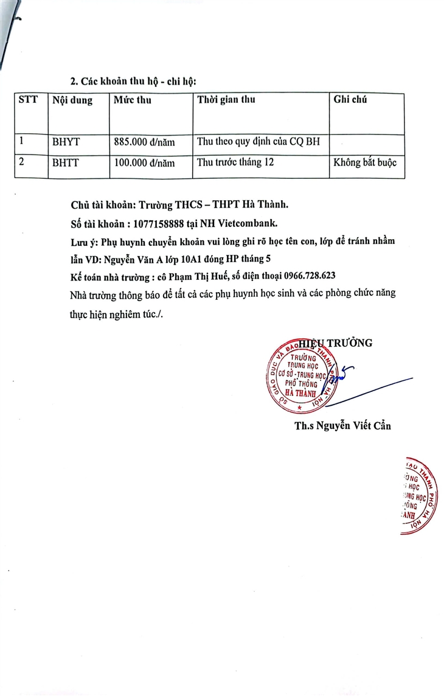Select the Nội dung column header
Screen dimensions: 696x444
[72, 100]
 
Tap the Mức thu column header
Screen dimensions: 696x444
[132, 100]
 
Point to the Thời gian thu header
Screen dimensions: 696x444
[226, 100]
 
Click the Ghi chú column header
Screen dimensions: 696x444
[350, 100]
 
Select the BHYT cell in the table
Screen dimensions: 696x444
[66, 142]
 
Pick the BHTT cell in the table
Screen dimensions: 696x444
[66, 163]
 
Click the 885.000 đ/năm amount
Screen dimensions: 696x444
[144, 142]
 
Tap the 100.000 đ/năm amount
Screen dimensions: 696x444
[144, 163]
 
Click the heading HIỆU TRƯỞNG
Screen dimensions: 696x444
[335, 343]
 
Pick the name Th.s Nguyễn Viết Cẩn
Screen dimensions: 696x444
[342, 426]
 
